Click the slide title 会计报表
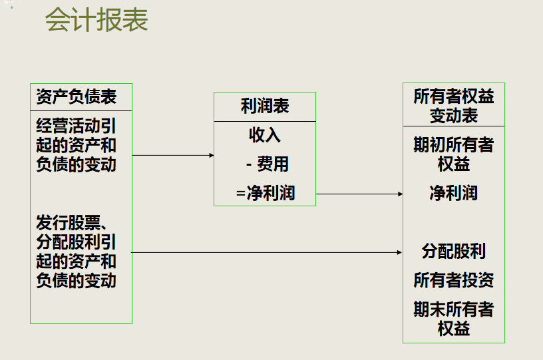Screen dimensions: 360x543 coord(96,20)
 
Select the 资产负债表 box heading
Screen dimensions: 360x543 coord(77,97)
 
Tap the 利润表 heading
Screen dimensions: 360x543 coord(265,106)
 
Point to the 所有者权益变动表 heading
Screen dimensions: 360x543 coord(454,106)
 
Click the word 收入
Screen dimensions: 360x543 coord(265,135)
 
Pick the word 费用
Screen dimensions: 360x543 coord(273,164)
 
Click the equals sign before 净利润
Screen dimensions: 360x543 coord(241,194)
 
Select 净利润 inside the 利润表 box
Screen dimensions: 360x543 coord(271,194)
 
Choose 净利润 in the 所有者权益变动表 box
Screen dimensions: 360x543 coord(454,194)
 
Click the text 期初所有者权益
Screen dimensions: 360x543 coord(454,154)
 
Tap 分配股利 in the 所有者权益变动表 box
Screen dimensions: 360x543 coord(454,252)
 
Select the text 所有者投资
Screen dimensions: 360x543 coord(454,280)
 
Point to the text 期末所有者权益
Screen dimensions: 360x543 coord(454,318)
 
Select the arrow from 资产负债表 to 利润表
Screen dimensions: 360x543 coord(173,155)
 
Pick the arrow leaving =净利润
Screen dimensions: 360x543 coord(359,194)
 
